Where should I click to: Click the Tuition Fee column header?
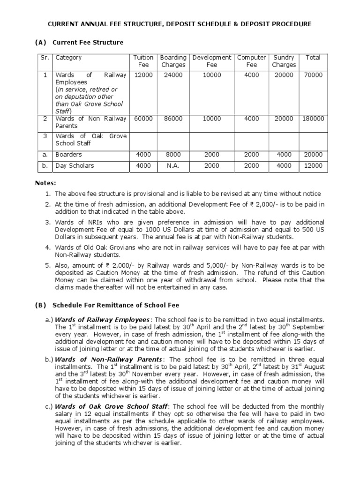pos(143,61)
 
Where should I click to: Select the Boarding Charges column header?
pos(173,61)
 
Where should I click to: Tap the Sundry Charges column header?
pos(284,61)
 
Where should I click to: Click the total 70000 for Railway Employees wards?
pos(313,75)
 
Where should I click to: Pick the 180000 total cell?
pos(313,119)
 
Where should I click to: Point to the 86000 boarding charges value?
pos(173,119)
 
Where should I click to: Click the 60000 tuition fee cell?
pos(143,119)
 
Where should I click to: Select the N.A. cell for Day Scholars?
pos(173,165)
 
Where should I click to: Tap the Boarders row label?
pos(68,154)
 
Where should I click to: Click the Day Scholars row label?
pos(75,165)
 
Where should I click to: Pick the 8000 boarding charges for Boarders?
pos(173,154)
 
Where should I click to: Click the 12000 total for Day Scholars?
pos(313,165)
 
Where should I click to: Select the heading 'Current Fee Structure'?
pos(88,43)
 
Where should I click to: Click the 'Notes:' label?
pos(46,182)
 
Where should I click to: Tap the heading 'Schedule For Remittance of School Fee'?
pos(116,305)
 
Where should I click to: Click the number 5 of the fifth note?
pos(47,265)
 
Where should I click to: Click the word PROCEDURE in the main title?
pos(289,24)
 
